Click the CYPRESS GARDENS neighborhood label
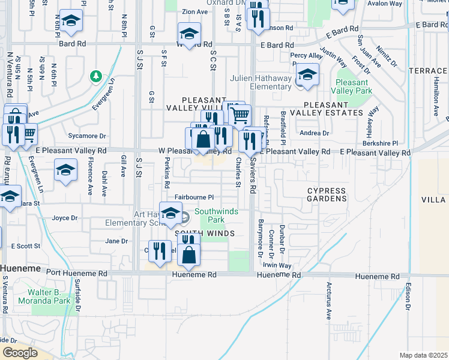tap(327, 194)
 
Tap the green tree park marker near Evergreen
tap(95, 77)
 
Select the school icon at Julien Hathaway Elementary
tap(307, 76)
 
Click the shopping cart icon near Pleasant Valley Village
tap(240, 114)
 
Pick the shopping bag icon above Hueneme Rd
tap(188, 254)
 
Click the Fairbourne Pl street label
tap(194, 197)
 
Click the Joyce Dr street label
tap(65, 218)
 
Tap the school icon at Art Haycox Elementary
tap(171, 213)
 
